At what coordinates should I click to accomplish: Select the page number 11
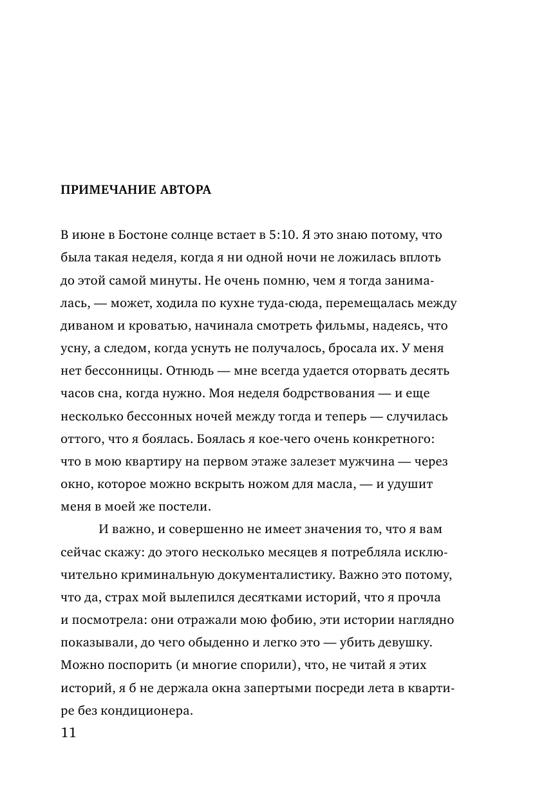coord(67,733)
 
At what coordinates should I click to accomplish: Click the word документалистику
coord(273,575)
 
